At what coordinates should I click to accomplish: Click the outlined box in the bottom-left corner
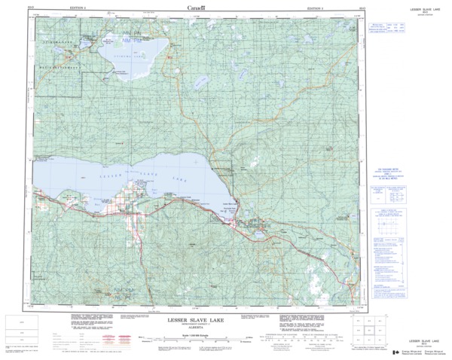[x=20, y=332]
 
